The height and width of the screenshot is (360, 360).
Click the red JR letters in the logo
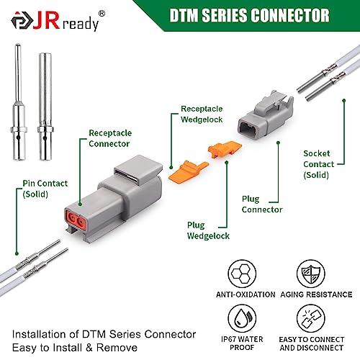click(46, 20)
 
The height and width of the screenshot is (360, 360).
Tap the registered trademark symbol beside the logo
click(102, 14)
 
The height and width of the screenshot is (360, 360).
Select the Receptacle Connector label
click(110, 138)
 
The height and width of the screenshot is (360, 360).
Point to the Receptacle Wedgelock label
click(202, 114)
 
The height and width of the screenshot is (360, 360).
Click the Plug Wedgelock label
click(208, 230)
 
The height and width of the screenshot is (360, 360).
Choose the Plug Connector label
click(262, 204)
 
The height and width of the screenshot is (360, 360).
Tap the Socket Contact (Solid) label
click(319, 164)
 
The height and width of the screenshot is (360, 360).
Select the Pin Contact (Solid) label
click(45, 189)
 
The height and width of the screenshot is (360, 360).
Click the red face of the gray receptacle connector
click(75, 220)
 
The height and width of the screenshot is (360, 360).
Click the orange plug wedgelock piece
click(225, 149)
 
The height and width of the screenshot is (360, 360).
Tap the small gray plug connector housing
click(266, 116)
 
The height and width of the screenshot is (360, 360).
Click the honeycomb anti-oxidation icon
click(242, 274)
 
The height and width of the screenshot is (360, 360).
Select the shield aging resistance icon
click(311, 274)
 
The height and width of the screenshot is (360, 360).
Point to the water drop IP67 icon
click(242, 318)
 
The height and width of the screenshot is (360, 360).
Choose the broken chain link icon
click(311, 318)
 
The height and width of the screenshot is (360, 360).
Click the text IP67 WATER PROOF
click(242, 343)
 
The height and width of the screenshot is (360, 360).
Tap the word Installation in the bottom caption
click(45, 334)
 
